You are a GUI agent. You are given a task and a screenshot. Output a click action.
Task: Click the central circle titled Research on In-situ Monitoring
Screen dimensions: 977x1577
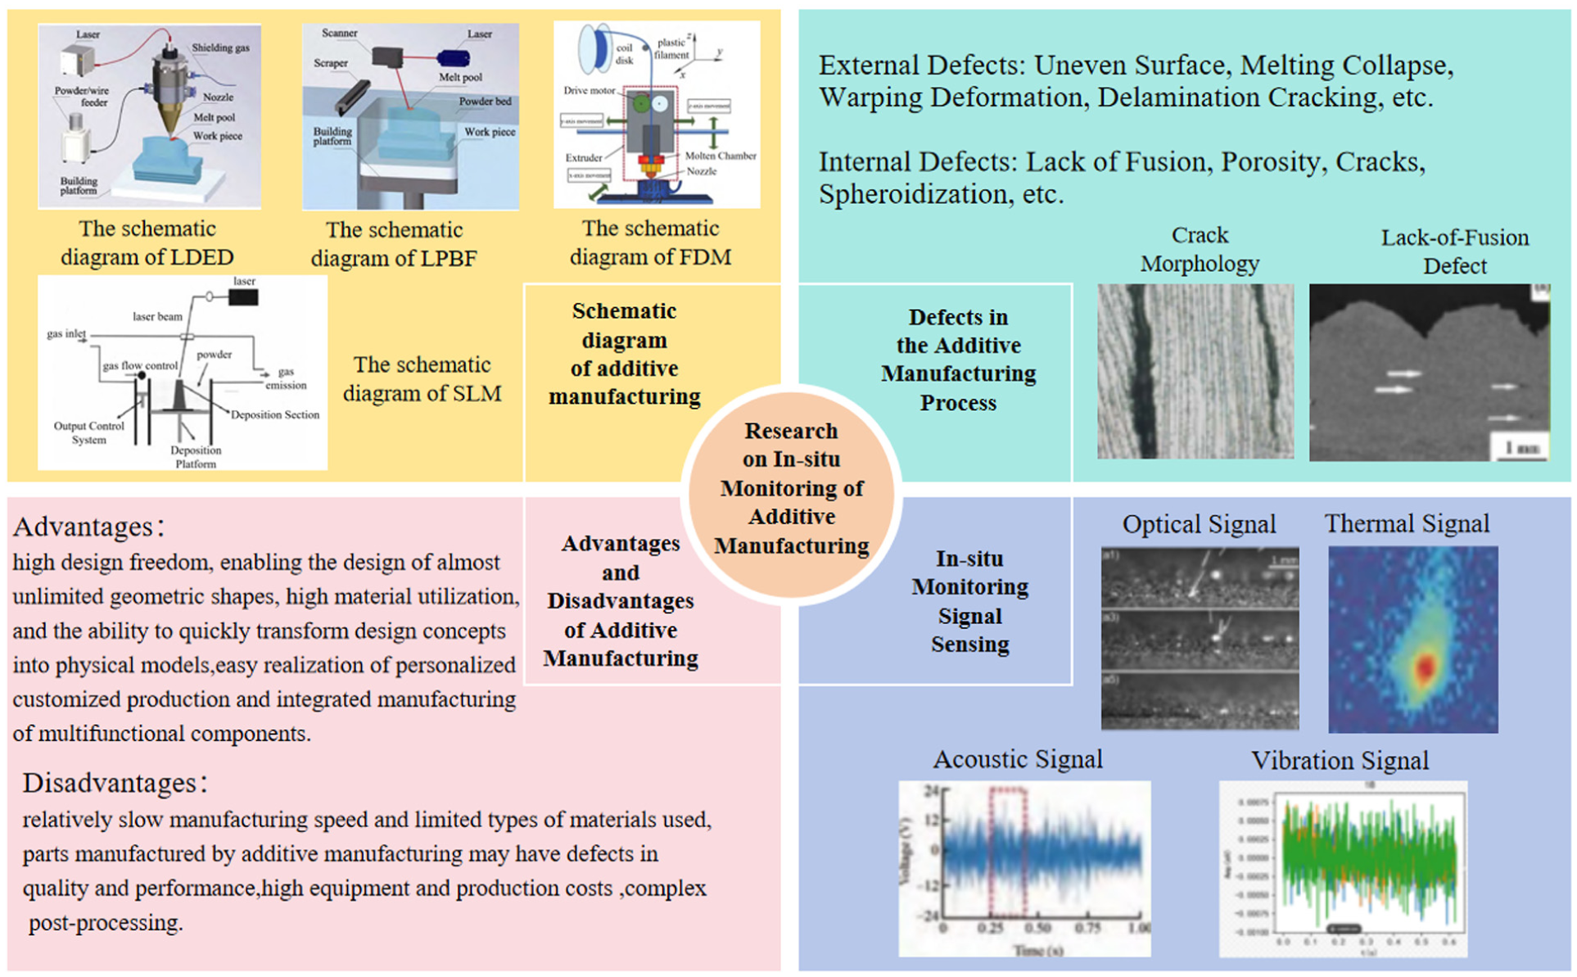(x=791, y=489)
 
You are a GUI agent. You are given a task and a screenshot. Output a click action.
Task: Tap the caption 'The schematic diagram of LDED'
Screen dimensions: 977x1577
(x=147, y=242)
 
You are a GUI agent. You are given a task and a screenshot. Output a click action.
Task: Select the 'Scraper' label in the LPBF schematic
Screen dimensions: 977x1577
(x=330, y=63)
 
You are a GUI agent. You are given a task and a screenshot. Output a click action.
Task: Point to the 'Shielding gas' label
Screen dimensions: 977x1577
(x=220, y=47)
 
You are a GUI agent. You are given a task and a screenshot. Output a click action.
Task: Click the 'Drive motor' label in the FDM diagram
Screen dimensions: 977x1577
(x=589, y=90)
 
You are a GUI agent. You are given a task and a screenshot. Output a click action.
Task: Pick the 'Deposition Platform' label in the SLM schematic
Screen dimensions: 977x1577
(x=196, y=457)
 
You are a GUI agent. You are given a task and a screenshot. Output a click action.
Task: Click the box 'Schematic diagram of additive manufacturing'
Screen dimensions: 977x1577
(x=624, y=354)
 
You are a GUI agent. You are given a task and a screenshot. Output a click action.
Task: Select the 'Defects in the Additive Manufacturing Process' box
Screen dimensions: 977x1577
(x=958, y=360)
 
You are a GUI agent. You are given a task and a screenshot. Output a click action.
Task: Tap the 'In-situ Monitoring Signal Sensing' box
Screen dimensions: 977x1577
(x=969, y=601)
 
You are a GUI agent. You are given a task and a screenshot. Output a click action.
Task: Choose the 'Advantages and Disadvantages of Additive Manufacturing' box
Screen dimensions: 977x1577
(x=621, y=601)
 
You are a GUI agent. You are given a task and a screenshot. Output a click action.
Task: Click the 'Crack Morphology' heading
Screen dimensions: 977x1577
(x=1200, y=249)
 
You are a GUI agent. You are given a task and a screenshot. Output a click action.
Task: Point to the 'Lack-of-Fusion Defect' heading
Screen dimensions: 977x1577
(x=1454, y=251)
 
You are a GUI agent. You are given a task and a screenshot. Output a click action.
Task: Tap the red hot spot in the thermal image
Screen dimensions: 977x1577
(x=1426, y=667)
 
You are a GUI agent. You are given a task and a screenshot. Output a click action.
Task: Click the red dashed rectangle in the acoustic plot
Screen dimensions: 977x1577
(x=1007, y=852)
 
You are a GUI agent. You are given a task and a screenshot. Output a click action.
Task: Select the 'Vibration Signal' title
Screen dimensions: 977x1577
(x=1340, y=761)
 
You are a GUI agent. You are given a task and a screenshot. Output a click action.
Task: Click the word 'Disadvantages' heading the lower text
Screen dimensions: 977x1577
(x=109, y=783)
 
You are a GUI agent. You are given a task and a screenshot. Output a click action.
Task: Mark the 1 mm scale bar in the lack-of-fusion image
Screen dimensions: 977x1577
(x=1522, y=449)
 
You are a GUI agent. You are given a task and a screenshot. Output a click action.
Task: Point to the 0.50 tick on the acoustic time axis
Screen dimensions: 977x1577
(x=1037, y=928)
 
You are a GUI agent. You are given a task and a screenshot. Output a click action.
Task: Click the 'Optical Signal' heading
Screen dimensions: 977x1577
(x=1199, y=524)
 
